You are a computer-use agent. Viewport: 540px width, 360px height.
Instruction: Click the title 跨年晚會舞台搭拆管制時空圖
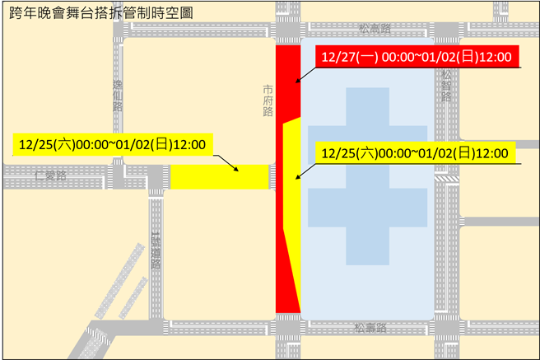click(102, 14)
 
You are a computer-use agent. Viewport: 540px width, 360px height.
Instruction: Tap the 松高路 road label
click(375, 28)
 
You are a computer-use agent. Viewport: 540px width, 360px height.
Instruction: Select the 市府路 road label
click(268, 100)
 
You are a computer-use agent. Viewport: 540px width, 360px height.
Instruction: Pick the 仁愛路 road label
click(50, 175)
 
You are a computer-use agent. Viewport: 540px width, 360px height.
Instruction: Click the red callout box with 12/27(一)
click(417, 58)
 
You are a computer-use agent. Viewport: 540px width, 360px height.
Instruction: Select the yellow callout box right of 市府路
click(416, 152)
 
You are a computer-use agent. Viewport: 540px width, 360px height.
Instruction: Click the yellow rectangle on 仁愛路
click(221, 176)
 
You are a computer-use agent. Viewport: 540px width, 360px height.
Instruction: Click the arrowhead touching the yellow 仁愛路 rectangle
click(239, 171)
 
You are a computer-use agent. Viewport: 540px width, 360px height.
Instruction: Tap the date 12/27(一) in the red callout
click(347, 58)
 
